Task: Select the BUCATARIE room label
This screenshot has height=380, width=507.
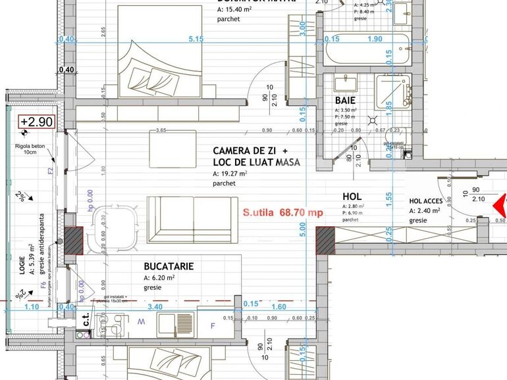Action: [x=169, y=266]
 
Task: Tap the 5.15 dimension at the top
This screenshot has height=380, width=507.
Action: [x=196, y=39]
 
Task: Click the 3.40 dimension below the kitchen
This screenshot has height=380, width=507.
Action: [x=155, y=306]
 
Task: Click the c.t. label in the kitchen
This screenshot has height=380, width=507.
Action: [x=86, y=320]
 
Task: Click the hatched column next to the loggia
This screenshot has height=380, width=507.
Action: [x=72, y=239]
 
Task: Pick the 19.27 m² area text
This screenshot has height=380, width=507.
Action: [x=230, y=174]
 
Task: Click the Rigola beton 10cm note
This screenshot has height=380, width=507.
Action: [x=30, y=149]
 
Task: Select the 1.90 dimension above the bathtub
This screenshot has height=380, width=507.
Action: [x=375, y=39]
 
